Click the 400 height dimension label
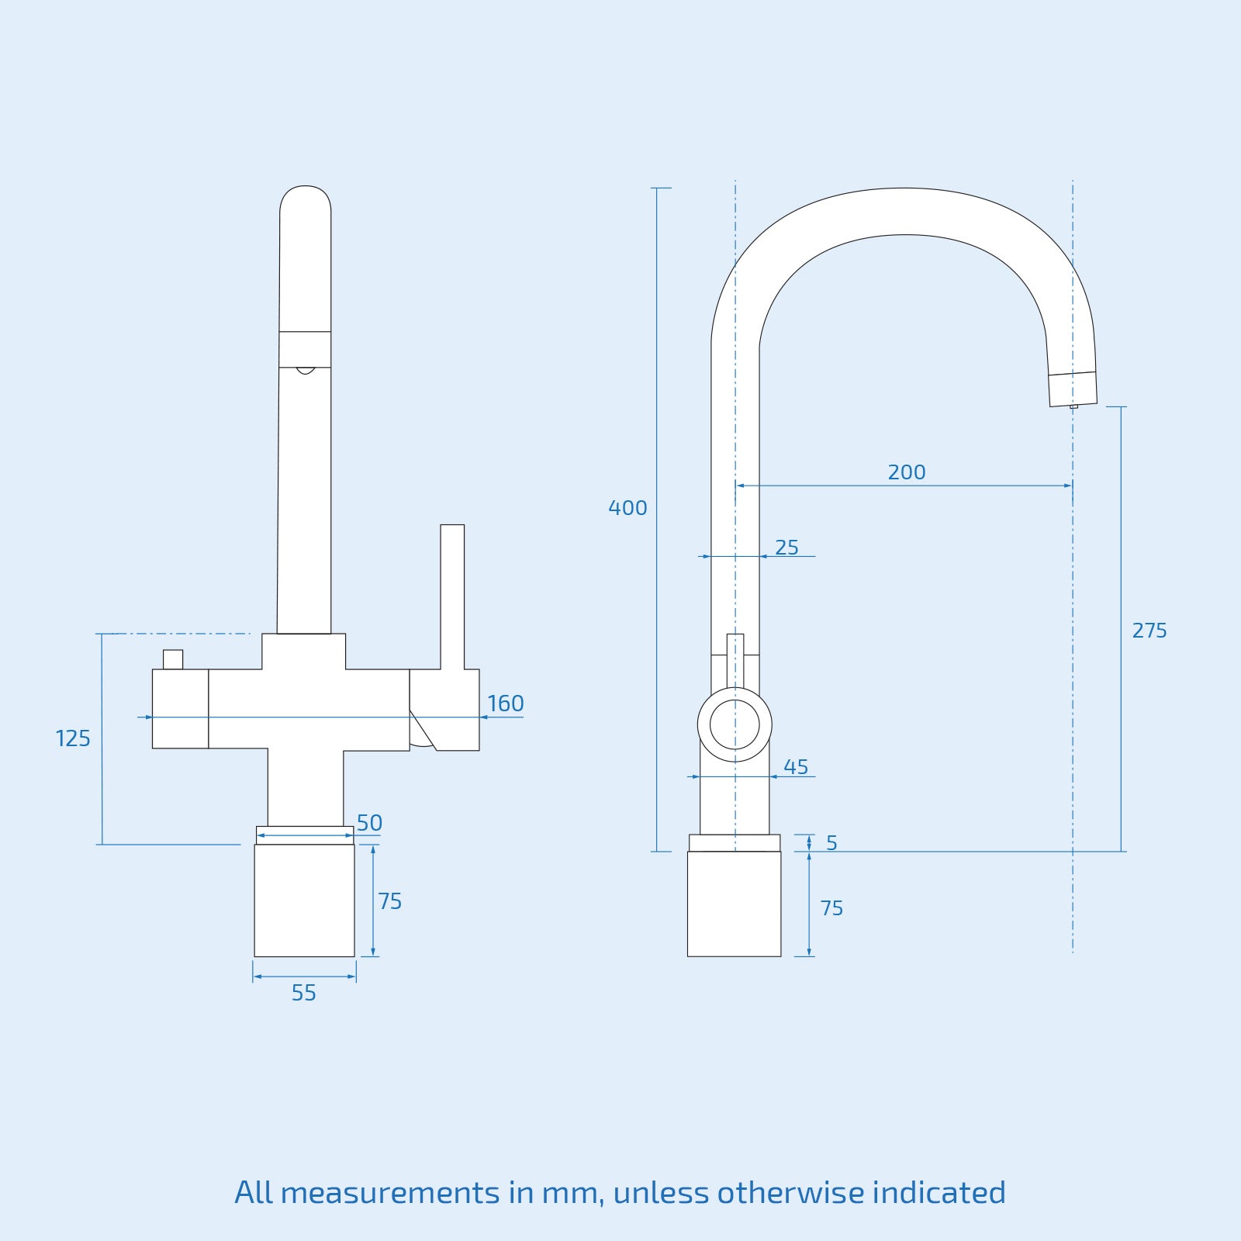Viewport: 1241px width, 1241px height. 627,508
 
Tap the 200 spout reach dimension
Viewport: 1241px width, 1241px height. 907,472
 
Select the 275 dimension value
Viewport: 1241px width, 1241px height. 1149,631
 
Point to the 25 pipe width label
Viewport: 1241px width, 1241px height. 786,548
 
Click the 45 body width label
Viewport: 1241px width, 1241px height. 796,767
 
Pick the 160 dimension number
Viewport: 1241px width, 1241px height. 506,703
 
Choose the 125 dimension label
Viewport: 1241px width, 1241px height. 73,738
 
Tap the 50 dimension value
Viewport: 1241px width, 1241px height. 369,823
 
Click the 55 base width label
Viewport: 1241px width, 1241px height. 304,993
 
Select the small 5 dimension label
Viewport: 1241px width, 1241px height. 831,843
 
